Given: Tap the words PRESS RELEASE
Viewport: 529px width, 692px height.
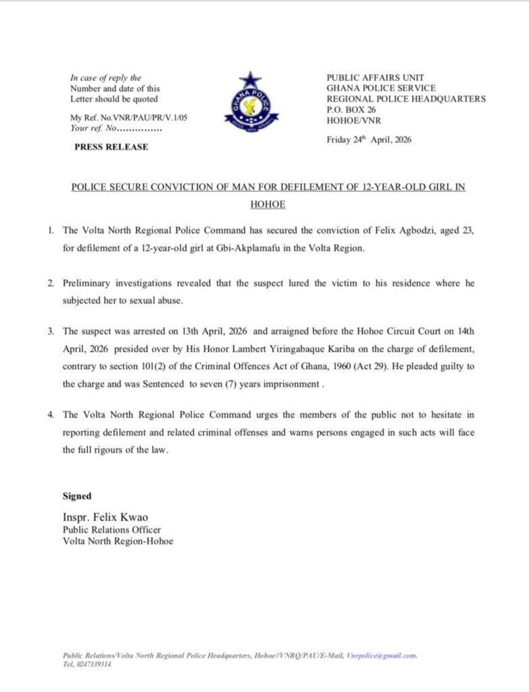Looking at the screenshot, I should [111, 147].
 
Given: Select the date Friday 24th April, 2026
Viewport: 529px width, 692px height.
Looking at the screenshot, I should [369, 141].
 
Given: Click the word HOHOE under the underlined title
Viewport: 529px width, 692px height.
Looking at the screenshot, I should [268, 203].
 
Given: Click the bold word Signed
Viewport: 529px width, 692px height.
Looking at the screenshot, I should [77, 496].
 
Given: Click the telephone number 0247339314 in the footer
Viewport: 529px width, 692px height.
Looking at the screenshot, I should [93, 664].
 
